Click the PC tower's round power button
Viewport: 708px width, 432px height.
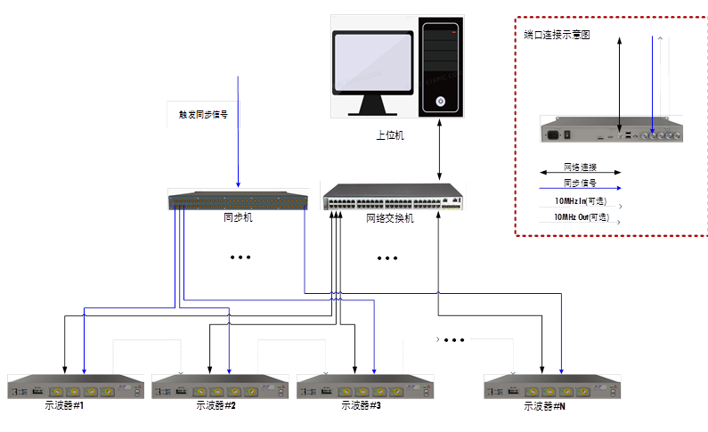440,102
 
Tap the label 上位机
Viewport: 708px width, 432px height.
389,135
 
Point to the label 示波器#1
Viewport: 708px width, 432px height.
63,405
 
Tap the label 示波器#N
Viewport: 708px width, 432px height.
544,405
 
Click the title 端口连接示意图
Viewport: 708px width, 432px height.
557,35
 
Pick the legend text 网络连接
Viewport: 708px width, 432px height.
580,167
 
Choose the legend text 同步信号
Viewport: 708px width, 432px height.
580,183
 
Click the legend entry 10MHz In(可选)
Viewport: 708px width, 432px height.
580,201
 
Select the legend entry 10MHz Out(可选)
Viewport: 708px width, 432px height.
581,216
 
